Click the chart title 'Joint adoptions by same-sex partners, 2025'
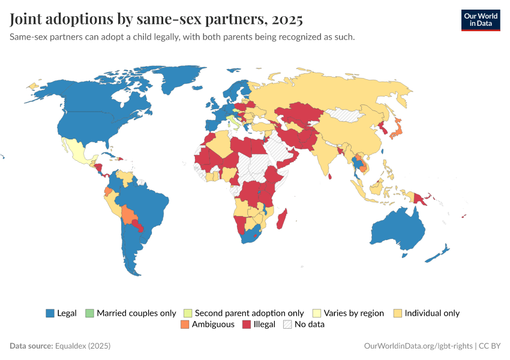(x=156, y=19)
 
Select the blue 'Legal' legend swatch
(x=50, y=313)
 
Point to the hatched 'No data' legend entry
(x=308, y=325)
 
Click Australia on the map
(x=397, y=231)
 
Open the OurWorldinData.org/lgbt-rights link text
(x=418, y=346)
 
